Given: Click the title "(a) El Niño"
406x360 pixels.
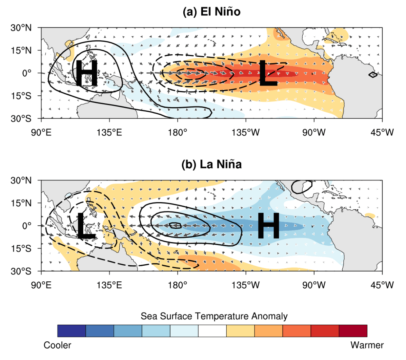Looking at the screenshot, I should pyautogui.click(x=212, y=12).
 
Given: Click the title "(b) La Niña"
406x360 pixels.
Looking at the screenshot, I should pyautogui.click(x=212, y=164).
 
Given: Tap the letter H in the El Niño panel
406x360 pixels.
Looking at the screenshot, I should pyautogui.click(x=87, y=73).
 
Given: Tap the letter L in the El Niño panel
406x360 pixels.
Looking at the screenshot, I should pyautogui.click(x=268, y=73).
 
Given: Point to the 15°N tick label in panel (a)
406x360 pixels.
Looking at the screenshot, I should pyautogui.click(x=21, y=50).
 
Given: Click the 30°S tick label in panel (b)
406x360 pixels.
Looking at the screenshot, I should pyautogui.click(x=21, y=271).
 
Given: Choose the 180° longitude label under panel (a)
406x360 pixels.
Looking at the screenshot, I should pyautogui.click(x=177, y=132).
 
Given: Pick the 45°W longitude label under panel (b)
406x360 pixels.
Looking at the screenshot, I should pyautogui.click(x=382, y=285).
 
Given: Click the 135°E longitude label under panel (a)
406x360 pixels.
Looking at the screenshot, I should pyautogui.click(x=109, y=132).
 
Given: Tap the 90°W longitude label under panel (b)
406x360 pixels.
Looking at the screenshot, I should pyautogui.click(x=314, y=285).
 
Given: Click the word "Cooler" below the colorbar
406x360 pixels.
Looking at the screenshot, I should pyautogui.click(x=57, y=345).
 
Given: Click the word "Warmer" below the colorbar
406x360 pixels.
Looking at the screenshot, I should pyautogui.click(x=367, y=345).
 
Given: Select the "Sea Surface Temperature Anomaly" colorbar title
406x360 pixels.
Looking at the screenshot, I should pyautogui.click(x=214, y=316).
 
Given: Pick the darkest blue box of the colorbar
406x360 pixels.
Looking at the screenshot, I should pyautogui.click(x=71, y=331).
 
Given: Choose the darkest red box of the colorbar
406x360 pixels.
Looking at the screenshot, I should pyautogui.click(x=353, y=331).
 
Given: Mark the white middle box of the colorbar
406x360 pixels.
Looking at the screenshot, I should pyautogui.click(x=212, y=331).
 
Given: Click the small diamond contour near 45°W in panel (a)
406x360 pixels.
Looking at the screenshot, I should pyautogui.click(x=373, y=75).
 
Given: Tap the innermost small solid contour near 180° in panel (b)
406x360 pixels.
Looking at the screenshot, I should pyautogui.click(x=175, y=225).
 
